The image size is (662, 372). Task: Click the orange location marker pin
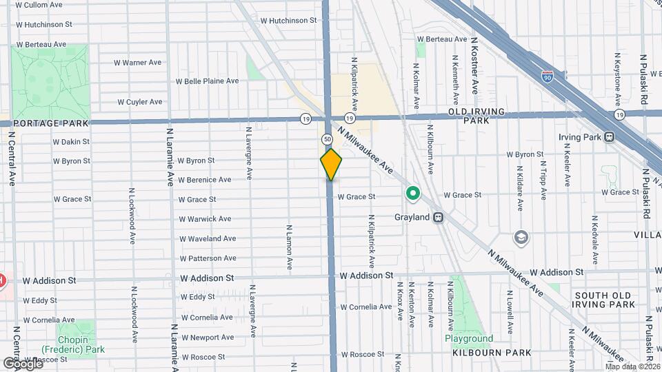332,165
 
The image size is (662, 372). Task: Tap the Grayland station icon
437,217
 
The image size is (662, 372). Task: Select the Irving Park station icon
609,136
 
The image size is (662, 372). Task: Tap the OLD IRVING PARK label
477,116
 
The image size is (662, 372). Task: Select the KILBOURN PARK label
492,353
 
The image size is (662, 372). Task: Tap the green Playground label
469,339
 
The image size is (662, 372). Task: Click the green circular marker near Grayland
413,194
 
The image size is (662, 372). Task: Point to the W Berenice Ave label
204,180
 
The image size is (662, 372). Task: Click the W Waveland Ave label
207,238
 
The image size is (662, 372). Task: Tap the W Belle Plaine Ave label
206,81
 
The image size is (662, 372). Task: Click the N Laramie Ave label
170,156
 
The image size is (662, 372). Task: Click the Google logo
22,363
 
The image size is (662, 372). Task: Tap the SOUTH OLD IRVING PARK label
603,300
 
